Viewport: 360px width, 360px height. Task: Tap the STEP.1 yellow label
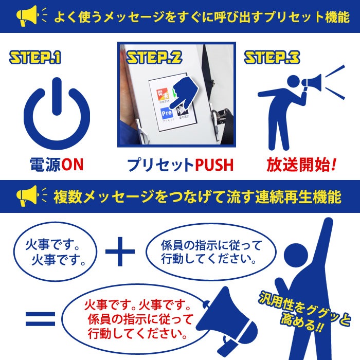pyautogui.click(x=35, y=57)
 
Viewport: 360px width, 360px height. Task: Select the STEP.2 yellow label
pyautogui.click(x=154, y=57)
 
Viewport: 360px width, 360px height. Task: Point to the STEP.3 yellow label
pyautogui.click(x=272, y=57)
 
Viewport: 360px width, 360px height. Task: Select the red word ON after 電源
pyautogui.click(x=73, y=165)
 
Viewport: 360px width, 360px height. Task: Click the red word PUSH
pyautogui.click(x=214, y=165)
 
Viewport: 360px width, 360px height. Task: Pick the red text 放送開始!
pyautogui.click(x=301, y=165)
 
